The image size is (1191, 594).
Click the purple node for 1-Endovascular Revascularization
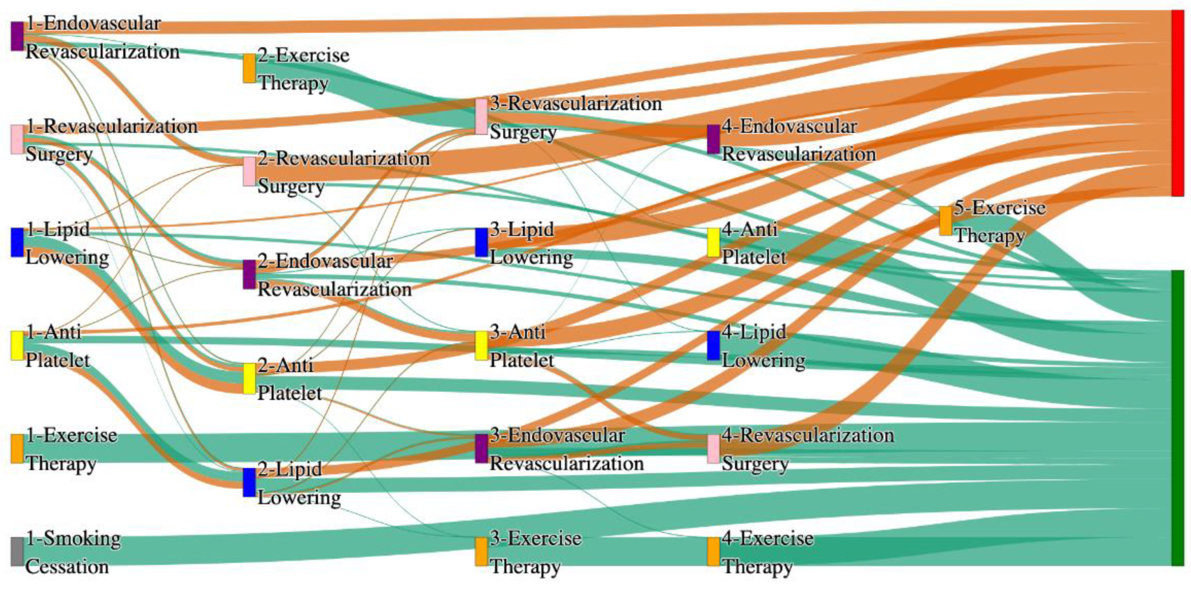(17, 36)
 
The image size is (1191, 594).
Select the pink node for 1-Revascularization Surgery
(17, 139)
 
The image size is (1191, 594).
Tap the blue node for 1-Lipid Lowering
(17, 243)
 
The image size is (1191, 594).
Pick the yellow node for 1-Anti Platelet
(17, 346)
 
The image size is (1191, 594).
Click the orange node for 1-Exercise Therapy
(17, 449)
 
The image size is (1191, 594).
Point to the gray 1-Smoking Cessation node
(17, 552)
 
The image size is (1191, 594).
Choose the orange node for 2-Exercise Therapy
(249, 69)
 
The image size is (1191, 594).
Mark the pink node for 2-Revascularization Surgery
(249, 172)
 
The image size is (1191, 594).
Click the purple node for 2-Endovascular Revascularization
(249, 274)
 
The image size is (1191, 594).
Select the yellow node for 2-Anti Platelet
(249, 379)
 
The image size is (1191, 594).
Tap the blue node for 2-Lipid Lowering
(249, 483)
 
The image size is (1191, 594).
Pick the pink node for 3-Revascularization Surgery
(481, 117)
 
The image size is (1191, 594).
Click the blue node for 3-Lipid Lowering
(481, 243)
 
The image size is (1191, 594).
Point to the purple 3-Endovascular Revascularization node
(481, 449)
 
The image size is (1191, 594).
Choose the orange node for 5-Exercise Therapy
(945, 221)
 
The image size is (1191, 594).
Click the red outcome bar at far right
(1177, 103)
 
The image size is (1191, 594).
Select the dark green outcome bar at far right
(1177, 418)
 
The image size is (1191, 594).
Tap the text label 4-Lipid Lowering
(763, 346)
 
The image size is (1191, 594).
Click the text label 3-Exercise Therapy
(535, 552)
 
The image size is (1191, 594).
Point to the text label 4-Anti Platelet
(754, 243)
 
